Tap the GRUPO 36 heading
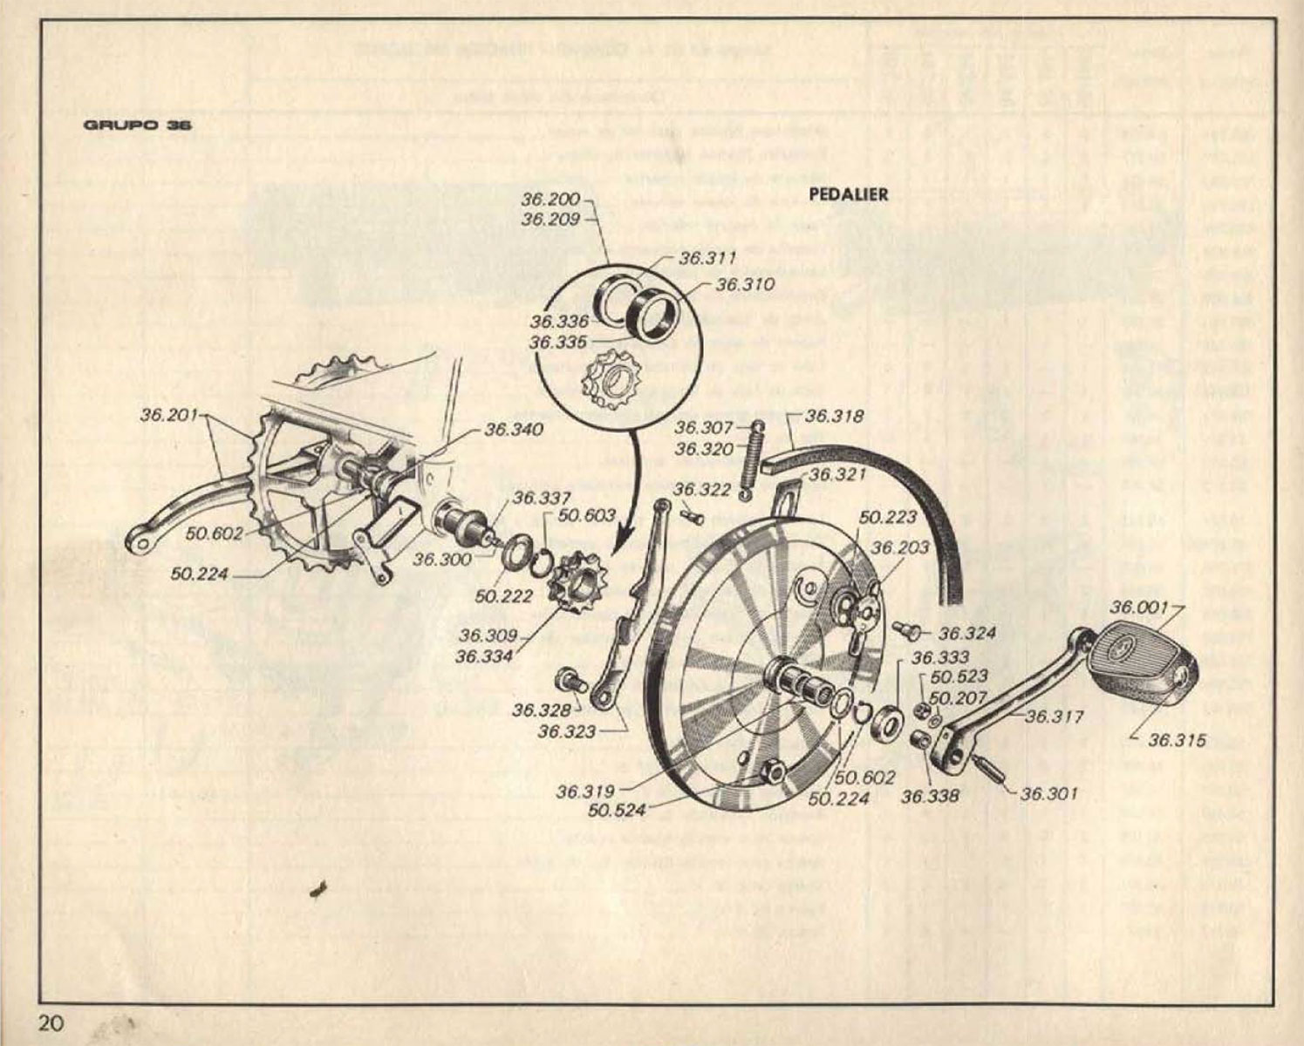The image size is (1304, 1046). (138, 125)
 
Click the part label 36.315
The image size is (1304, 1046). (1177, 740)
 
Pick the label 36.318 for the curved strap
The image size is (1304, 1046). (835, 416)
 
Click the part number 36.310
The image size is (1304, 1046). (744, 284)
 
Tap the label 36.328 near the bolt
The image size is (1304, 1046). (542, 710)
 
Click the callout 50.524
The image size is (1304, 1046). (618, 811)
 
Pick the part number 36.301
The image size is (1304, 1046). (1049, 793)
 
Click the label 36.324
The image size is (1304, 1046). (968, 633)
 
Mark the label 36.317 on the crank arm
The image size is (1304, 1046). (1054, 717)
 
